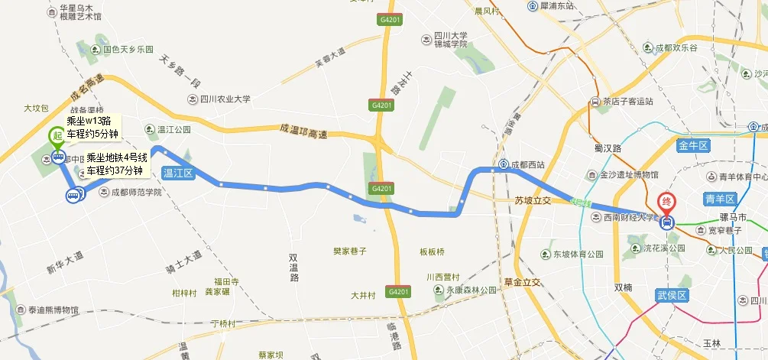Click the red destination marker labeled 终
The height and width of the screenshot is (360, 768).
click(666, 204)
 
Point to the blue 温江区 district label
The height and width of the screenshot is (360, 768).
click(179, 173)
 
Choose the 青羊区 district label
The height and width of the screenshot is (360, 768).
click(720, 199)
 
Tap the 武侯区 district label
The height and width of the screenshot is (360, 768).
click(673, 295)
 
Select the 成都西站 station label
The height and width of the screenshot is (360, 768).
click(527, 164)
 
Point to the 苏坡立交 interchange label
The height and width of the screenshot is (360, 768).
click(533, 201)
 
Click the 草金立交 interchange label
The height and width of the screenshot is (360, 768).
click(522, 281)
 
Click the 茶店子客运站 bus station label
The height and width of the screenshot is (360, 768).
click(627, 101)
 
